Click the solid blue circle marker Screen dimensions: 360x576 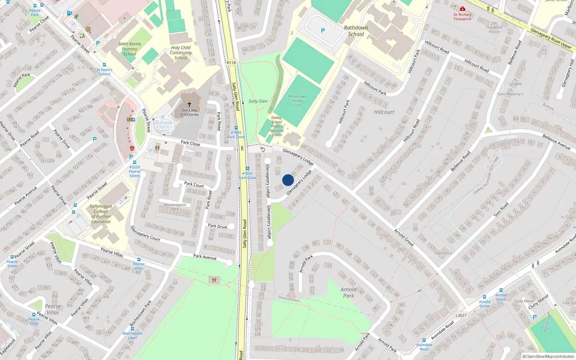pos(288,180)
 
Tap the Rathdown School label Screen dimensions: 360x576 pos(356,31)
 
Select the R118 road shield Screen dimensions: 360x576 pos(231,63)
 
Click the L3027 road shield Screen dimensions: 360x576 pos(461,315)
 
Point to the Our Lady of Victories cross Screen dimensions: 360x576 pos(189,104)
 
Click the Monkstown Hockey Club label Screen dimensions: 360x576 pos(297,101)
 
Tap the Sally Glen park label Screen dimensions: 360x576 pos(258,101)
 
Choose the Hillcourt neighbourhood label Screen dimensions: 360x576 pos(384,112)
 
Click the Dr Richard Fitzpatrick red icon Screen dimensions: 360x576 pos(463,9)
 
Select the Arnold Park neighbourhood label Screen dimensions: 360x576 pos(348,293)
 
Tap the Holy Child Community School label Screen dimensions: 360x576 pos(181,53)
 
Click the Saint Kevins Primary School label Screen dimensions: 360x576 pos(130,49)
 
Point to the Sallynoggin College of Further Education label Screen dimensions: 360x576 pos(101,214)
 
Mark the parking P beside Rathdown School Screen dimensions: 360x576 pos(323,31)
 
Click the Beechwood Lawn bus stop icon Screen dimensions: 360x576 pos(132,329)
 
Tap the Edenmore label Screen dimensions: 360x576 pos(443,253)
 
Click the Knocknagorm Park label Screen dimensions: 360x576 pos(175,207)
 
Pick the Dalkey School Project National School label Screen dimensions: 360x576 pos(276,126)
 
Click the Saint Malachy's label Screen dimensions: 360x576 pos(510,94)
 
